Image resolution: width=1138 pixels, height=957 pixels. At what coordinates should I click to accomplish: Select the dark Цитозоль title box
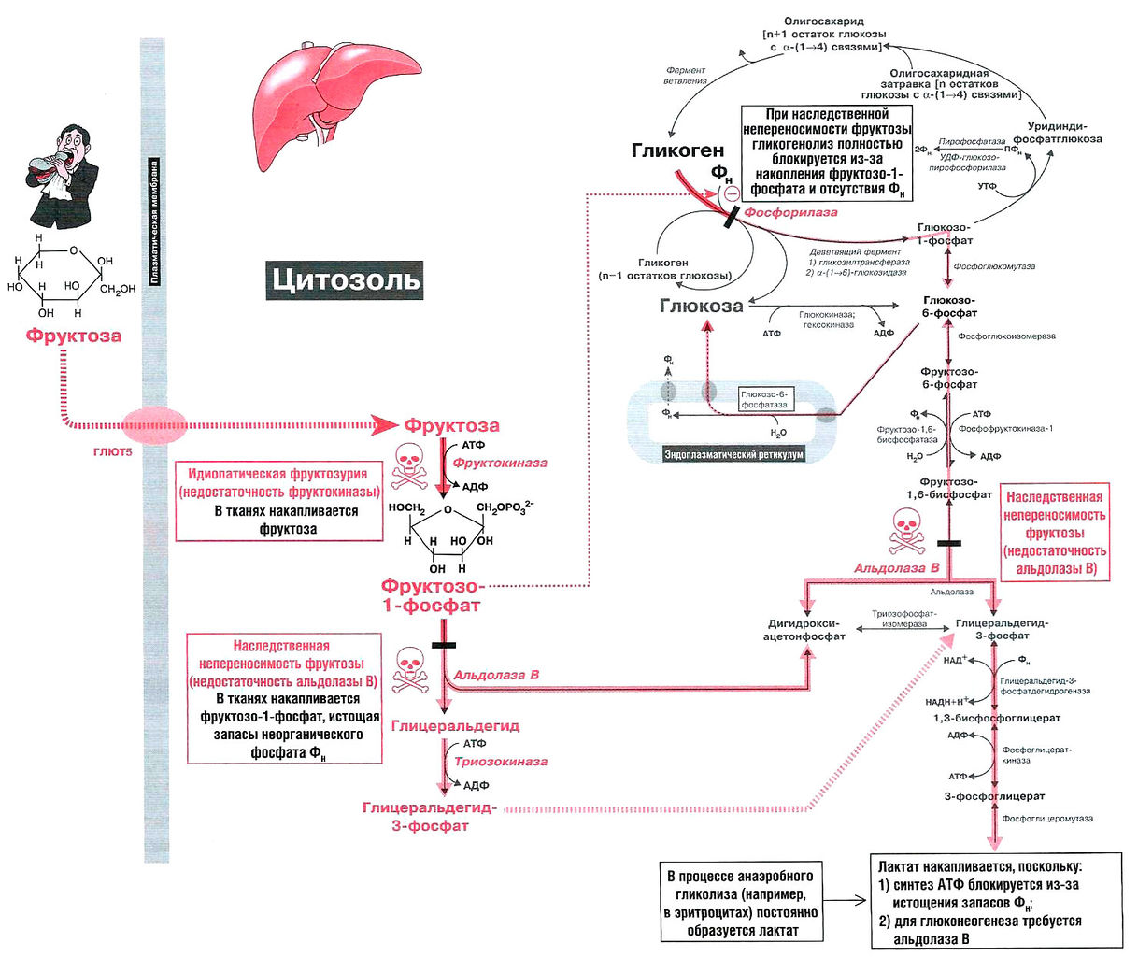tap(344, 279)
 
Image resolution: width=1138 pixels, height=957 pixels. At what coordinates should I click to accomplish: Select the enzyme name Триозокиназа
tap(501, 761)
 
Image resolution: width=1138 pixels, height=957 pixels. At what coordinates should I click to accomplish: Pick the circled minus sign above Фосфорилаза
tap(731, 193)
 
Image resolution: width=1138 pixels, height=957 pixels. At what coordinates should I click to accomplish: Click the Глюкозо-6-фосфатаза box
tap(764, 400)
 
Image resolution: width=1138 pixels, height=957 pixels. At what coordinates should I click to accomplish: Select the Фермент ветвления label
tap(686, 75)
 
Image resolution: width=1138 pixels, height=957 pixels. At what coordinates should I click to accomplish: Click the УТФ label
tap(988, 186)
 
